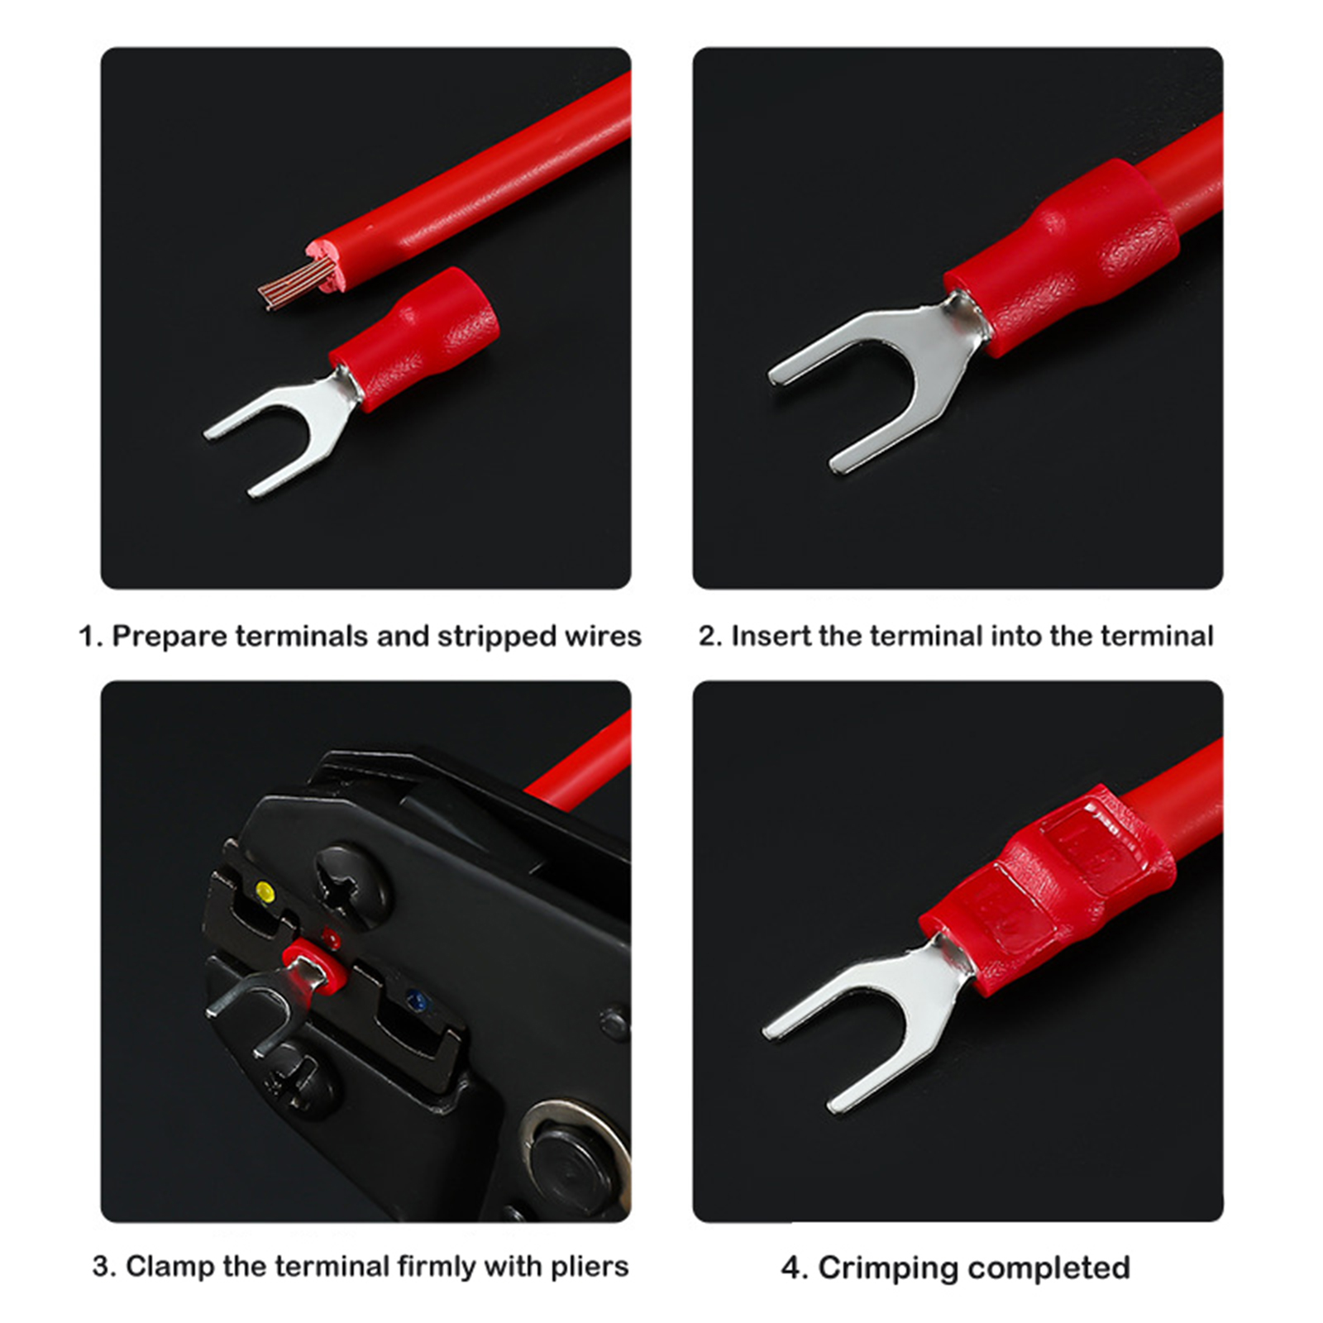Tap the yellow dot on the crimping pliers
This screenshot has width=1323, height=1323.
point(265,891)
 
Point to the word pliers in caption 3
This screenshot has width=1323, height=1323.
point(588,1267)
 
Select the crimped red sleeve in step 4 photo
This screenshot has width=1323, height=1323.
point(1048,889)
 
